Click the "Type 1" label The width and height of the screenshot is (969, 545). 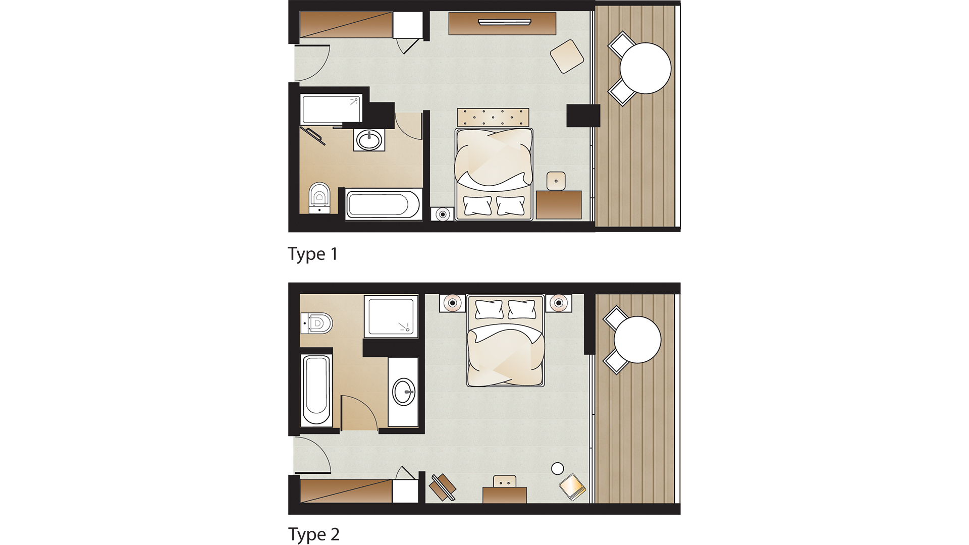[312, 254]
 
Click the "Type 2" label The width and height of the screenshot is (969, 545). [313, 534]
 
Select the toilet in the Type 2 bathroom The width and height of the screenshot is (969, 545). [317, 323]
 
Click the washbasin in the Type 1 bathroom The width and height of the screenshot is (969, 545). [369, 140]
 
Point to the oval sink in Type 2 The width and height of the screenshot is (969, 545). [404, 392]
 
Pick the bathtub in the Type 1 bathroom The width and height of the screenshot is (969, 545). [384, 204]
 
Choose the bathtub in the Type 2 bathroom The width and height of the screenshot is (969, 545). [316, 391]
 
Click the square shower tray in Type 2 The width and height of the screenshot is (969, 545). [391, 316]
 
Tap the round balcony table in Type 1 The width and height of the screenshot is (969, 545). [645, 68]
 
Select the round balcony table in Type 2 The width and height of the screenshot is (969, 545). [637, 340]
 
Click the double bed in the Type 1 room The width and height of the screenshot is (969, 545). [494, 174]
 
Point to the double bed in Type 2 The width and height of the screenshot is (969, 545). [506, 341]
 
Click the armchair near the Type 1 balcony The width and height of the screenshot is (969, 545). [567, 56]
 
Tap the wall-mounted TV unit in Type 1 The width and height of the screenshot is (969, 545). [502, 23]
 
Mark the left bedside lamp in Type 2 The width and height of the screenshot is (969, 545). [453, 303]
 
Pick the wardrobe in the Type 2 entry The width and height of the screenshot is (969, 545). [346, 491]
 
